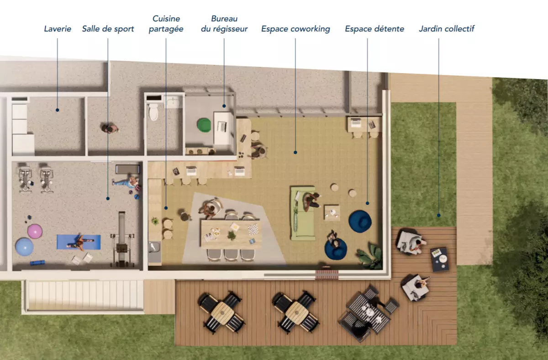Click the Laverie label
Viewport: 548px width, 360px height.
58,29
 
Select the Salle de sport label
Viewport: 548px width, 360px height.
108,29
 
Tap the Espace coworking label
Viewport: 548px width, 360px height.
295,29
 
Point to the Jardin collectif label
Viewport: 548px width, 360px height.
447,29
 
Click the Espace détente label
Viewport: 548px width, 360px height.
374,29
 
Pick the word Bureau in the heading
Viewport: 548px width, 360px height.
224,19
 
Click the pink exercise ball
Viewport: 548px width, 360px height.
35,231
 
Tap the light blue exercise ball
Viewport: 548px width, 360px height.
24,247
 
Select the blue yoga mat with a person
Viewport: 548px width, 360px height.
79,242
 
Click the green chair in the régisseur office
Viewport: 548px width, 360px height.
204,125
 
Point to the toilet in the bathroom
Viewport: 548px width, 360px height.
153,112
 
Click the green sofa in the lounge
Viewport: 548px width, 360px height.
303,213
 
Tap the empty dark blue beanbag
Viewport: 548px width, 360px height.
360,221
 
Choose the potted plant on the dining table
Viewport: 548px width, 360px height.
231,235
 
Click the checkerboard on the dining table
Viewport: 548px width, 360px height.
253,229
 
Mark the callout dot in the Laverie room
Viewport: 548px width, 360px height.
57,110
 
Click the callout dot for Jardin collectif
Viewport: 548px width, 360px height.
439,215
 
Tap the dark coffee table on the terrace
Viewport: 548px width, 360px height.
440,259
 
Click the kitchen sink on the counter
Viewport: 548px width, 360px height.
155,247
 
